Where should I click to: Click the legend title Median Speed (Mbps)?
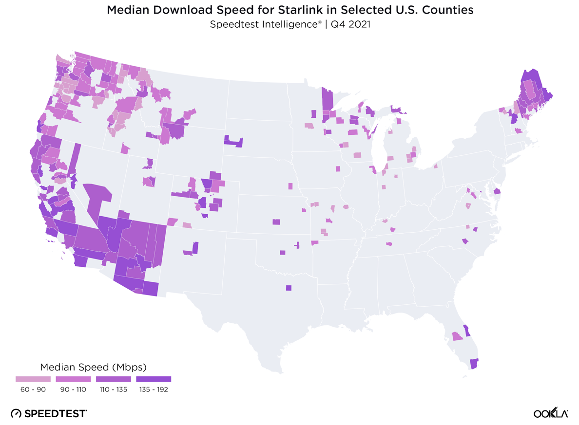[93, 367]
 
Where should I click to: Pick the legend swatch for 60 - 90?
[33, 379]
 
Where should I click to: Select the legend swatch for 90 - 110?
[73, 379]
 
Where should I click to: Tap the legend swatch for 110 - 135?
[114, 379]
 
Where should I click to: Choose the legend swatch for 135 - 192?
[154, 379]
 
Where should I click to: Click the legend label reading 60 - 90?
[33, 389]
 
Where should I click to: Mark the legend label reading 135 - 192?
[154, 389]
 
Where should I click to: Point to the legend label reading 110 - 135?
[114, 389]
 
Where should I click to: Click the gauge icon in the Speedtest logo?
[16, 413]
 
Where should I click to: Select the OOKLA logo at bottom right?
[550, 413]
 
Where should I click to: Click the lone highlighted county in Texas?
[289, 288]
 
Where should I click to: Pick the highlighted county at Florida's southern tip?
[474, 363]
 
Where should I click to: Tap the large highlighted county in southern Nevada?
[98, 197]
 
